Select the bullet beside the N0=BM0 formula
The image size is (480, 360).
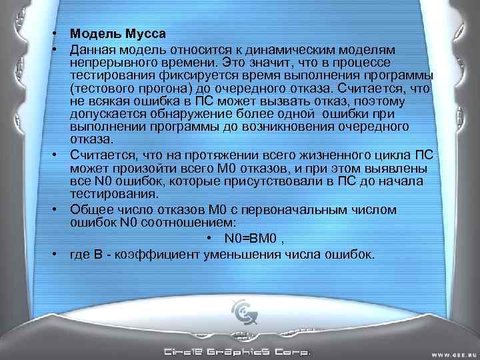209,238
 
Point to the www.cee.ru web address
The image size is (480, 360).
455,353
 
